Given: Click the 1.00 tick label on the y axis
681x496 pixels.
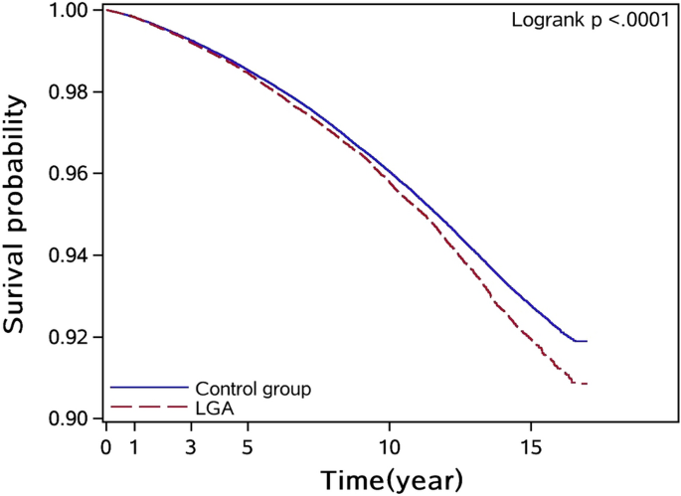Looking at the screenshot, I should pyautogui.click(x=73, y=11).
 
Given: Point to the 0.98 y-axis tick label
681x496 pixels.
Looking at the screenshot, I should pyautogui.click(x=73, y=92).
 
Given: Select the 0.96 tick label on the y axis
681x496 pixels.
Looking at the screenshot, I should pyautogui.click(x=73, y=174).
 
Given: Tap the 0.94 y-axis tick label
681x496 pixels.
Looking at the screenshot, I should pyautogui.click(x=73, y=255).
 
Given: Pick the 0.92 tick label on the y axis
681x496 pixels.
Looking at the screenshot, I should pyautogui.click(x=73, y=337).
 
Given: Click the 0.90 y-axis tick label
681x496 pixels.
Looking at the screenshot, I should pyautogui.click(x=73, y=418).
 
